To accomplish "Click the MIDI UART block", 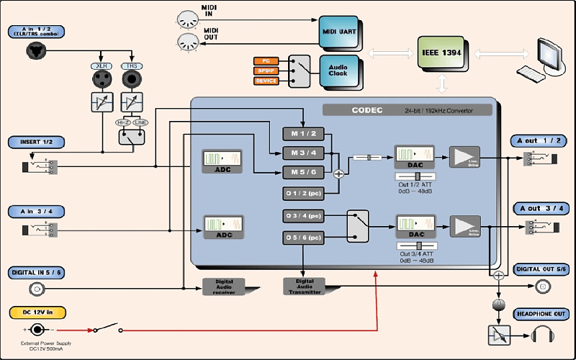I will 337,31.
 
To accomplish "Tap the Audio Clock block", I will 337,71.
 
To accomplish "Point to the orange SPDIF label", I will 266,71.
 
